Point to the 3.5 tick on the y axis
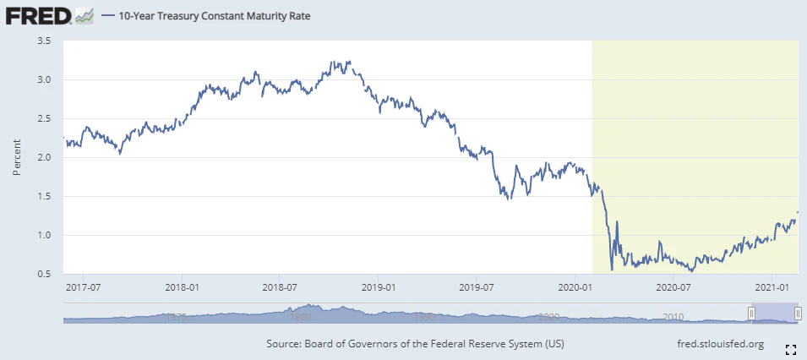tap(45, 41)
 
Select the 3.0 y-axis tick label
tap(45, 79)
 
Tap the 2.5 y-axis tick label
tap(45, 118)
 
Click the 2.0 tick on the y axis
tap(45, 157)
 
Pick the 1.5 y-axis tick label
tap(45, 196)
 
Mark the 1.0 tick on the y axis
tap(45, 235)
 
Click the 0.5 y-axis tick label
tap(45, 274)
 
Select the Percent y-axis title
tap(17, 157)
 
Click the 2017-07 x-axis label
tap(82, 287)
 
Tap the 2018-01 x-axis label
tap(181, 287)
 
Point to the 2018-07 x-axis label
tap(279, 287)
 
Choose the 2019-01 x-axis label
tap(378, 287)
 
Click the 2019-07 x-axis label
tap(476, 287)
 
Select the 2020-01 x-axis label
tap(575, 287)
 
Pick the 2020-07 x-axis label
tap(673, 287)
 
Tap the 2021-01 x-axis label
tap(772, 287)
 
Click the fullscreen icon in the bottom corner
tap(791, 348)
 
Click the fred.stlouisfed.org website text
tap(721, 344)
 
